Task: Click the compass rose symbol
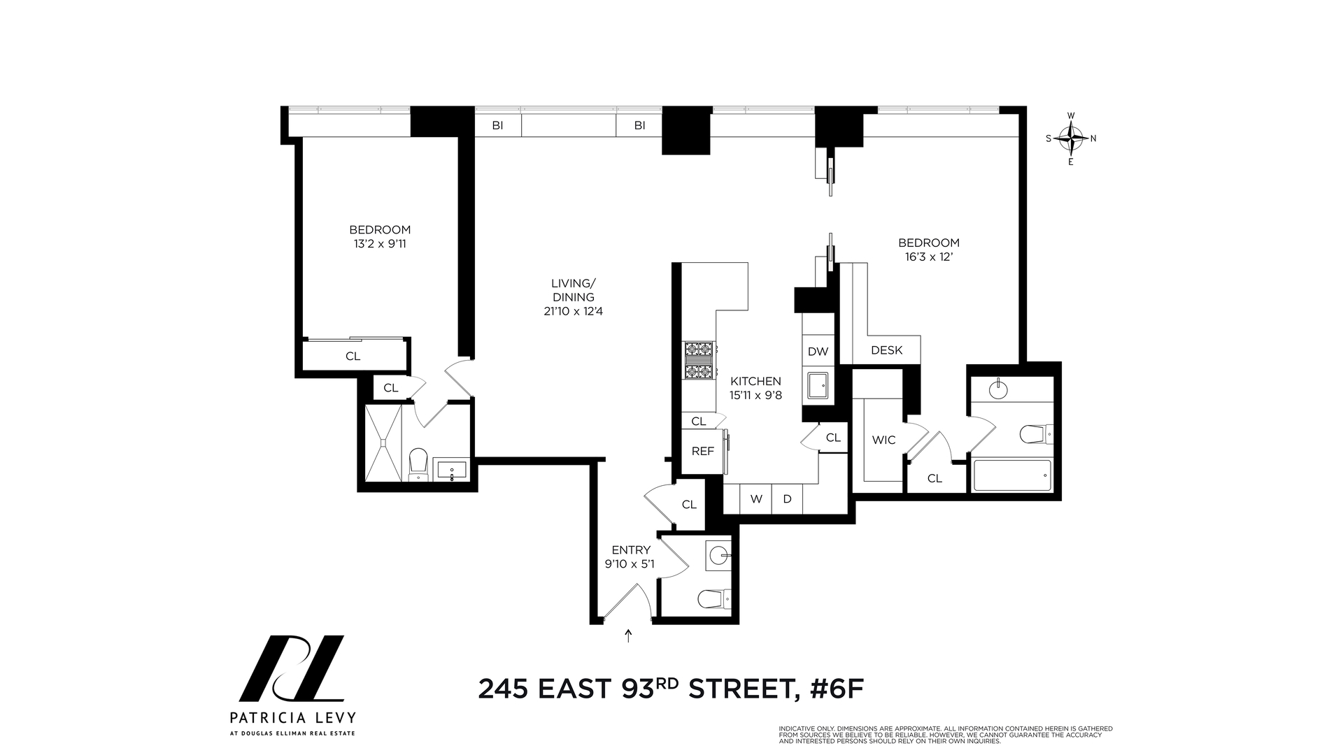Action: (x=1071, y=138)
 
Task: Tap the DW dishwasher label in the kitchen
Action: (x=818, y=352)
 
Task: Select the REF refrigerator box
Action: (x=702, y=452)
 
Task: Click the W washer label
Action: (x=756, y=499)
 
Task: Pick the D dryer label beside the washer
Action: (x=787, y=499)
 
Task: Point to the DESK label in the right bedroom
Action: (x=886, y=350)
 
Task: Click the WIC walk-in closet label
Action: (x=883, y=440)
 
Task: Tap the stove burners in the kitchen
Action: (x=699, y=360)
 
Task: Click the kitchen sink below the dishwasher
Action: (x=817, y=385)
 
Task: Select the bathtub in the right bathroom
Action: (x=1012, y=475)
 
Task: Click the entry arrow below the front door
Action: (x=628, y=635)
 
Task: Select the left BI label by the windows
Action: (x=497, y=126)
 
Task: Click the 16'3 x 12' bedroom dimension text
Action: (x=929, y=257)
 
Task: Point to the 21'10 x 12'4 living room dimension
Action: (x=573, y=311)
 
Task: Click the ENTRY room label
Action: (x=631, y=550)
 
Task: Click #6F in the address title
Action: (x=837, y=689)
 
